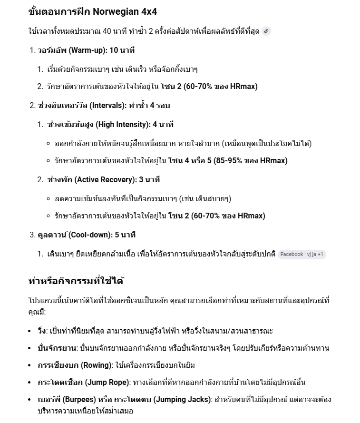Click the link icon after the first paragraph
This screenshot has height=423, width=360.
pos(266,31)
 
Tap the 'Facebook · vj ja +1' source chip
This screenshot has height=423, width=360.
pos(302,254)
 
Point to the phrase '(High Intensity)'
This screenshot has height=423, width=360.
pos(123,124)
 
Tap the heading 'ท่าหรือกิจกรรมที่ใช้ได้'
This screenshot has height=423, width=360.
pos(76,281)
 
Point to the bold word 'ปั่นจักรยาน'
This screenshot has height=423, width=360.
pos(57,348)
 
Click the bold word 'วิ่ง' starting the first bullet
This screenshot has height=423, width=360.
pos(42,331)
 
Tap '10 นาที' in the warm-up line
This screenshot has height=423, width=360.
pos(122,50)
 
